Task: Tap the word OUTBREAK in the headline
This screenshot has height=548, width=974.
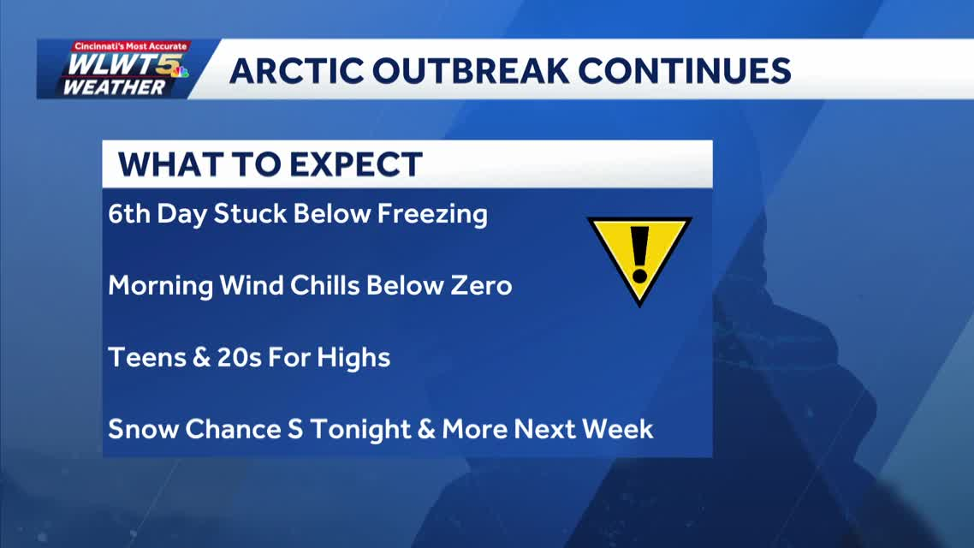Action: (x=470, y=71)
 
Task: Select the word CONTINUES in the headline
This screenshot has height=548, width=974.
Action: (x=685, y=71)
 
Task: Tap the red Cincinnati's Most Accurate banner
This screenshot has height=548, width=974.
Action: (x=130, y=46)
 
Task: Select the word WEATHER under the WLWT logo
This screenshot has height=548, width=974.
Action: (x=115, y=87)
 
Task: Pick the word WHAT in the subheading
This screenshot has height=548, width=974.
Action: (x=169, y=164)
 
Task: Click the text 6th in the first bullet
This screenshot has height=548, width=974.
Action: (x=128, y=214)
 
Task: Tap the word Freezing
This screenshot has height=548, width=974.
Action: (x=432, y=215)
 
